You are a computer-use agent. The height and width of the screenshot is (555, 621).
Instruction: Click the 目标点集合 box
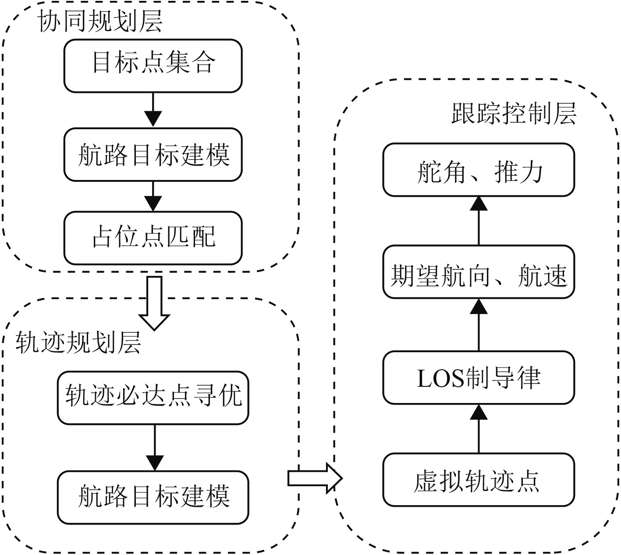click(x=153, y=66)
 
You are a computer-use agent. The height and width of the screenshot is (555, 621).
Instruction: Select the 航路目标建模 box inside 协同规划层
click(x=153, y=155)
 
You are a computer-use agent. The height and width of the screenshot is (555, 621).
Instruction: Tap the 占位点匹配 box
click(x=153, y=238)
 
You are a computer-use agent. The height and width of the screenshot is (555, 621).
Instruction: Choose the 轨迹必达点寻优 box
click(x=153, y=398)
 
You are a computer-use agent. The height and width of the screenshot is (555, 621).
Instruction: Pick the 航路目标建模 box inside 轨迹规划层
click(x=153, y=497)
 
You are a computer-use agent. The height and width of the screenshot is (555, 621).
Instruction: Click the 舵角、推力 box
click(x=479, y=170)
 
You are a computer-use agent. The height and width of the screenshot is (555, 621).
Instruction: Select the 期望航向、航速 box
click(x=479, y=272)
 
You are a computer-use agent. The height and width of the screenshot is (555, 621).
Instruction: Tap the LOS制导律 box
click(x=479, y=378)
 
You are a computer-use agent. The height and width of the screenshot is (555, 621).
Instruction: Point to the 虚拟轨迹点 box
click(x=479, y=480)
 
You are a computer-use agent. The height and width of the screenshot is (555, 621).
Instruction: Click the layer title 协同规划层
click(x=100, y=21)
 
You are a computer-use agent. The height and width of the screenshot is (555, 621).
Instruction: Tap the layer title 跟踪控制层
click(x=514, y=114)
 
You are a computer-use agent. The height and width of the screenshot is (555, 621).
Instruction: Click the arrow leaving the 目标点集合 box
click(x=153, y=110)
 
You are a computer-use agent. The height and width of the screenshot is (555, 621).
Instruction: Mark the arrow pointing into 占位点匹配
click(x=153, y=196)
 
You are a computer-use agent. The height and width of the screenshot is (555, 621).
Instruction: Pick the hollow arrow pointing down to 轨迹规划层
click(x=154, y=303)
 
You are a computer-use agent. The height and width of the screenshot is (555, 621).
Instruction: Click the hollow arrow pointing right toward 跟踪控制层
click(x=314, y=478)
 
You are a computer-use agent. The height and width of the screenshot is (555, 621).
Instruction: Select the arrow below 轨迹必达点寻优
click(x=155, y=448)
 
